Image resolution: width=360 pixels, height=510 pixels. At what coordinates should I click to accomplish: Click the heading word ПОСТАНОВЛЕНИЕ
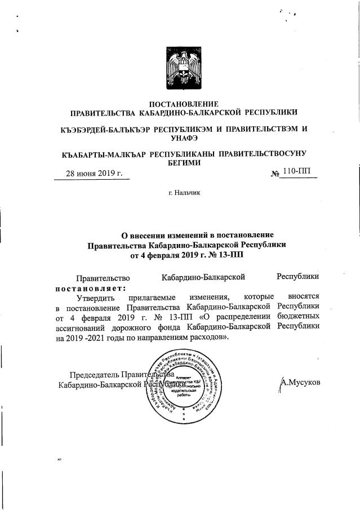183,103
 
